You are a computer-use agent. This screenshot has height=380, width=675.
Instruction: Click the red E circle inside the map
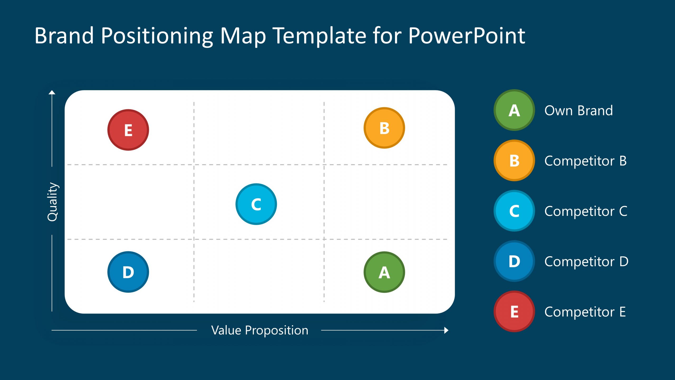(128, 130)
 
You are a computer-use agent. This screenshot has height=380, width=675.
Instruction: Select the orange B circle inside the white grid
(384, 128)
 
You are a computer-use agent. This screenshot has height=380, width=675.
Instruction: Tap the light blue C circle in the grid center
(256, 204)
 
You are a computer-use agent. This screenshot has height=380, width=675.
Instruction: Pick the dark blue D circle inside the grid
(128, 272)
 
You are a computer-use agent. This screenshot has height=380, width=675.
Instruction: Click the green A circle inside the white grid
(384, 272)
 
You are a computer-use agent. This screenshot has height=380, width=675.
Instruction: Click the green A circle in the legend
(514, 110)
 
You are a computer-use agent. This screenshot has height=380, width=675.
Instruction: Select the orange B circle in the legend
(514, 160)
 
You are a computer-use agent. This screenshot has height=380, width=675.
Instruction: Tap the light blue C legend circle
(514, 211)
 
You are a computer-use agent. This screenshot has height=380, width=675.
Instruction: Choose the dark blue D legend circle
(514, 261)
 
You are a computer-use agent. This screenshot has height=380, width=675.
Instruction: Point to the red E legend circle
(514, 311)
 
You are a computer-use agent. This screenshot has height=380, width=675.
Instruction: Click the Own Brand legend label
(578, 110)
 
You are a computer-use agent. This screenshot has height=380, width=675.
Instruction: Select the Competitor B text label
(585, 161)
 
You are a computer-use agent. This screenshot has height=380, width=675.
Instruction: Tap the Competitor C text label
(586, 211)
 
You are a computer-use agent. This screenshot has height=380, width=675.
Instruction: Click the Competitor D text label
(586, 262)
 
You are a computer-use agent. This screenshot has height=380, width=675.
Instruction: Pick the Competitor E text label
(585, 312)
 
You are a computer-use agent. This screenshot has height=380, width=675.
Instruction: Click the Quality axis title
(52, 202)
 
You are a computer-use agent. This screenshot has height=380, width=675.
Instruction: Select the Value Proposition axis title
(259, 330)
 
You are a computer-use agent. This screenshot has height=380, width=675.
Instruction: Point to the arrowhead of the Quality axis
(52, 92)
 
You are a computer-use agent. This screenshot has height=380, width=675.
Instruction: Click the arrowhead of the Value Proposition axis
(446, 330)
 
